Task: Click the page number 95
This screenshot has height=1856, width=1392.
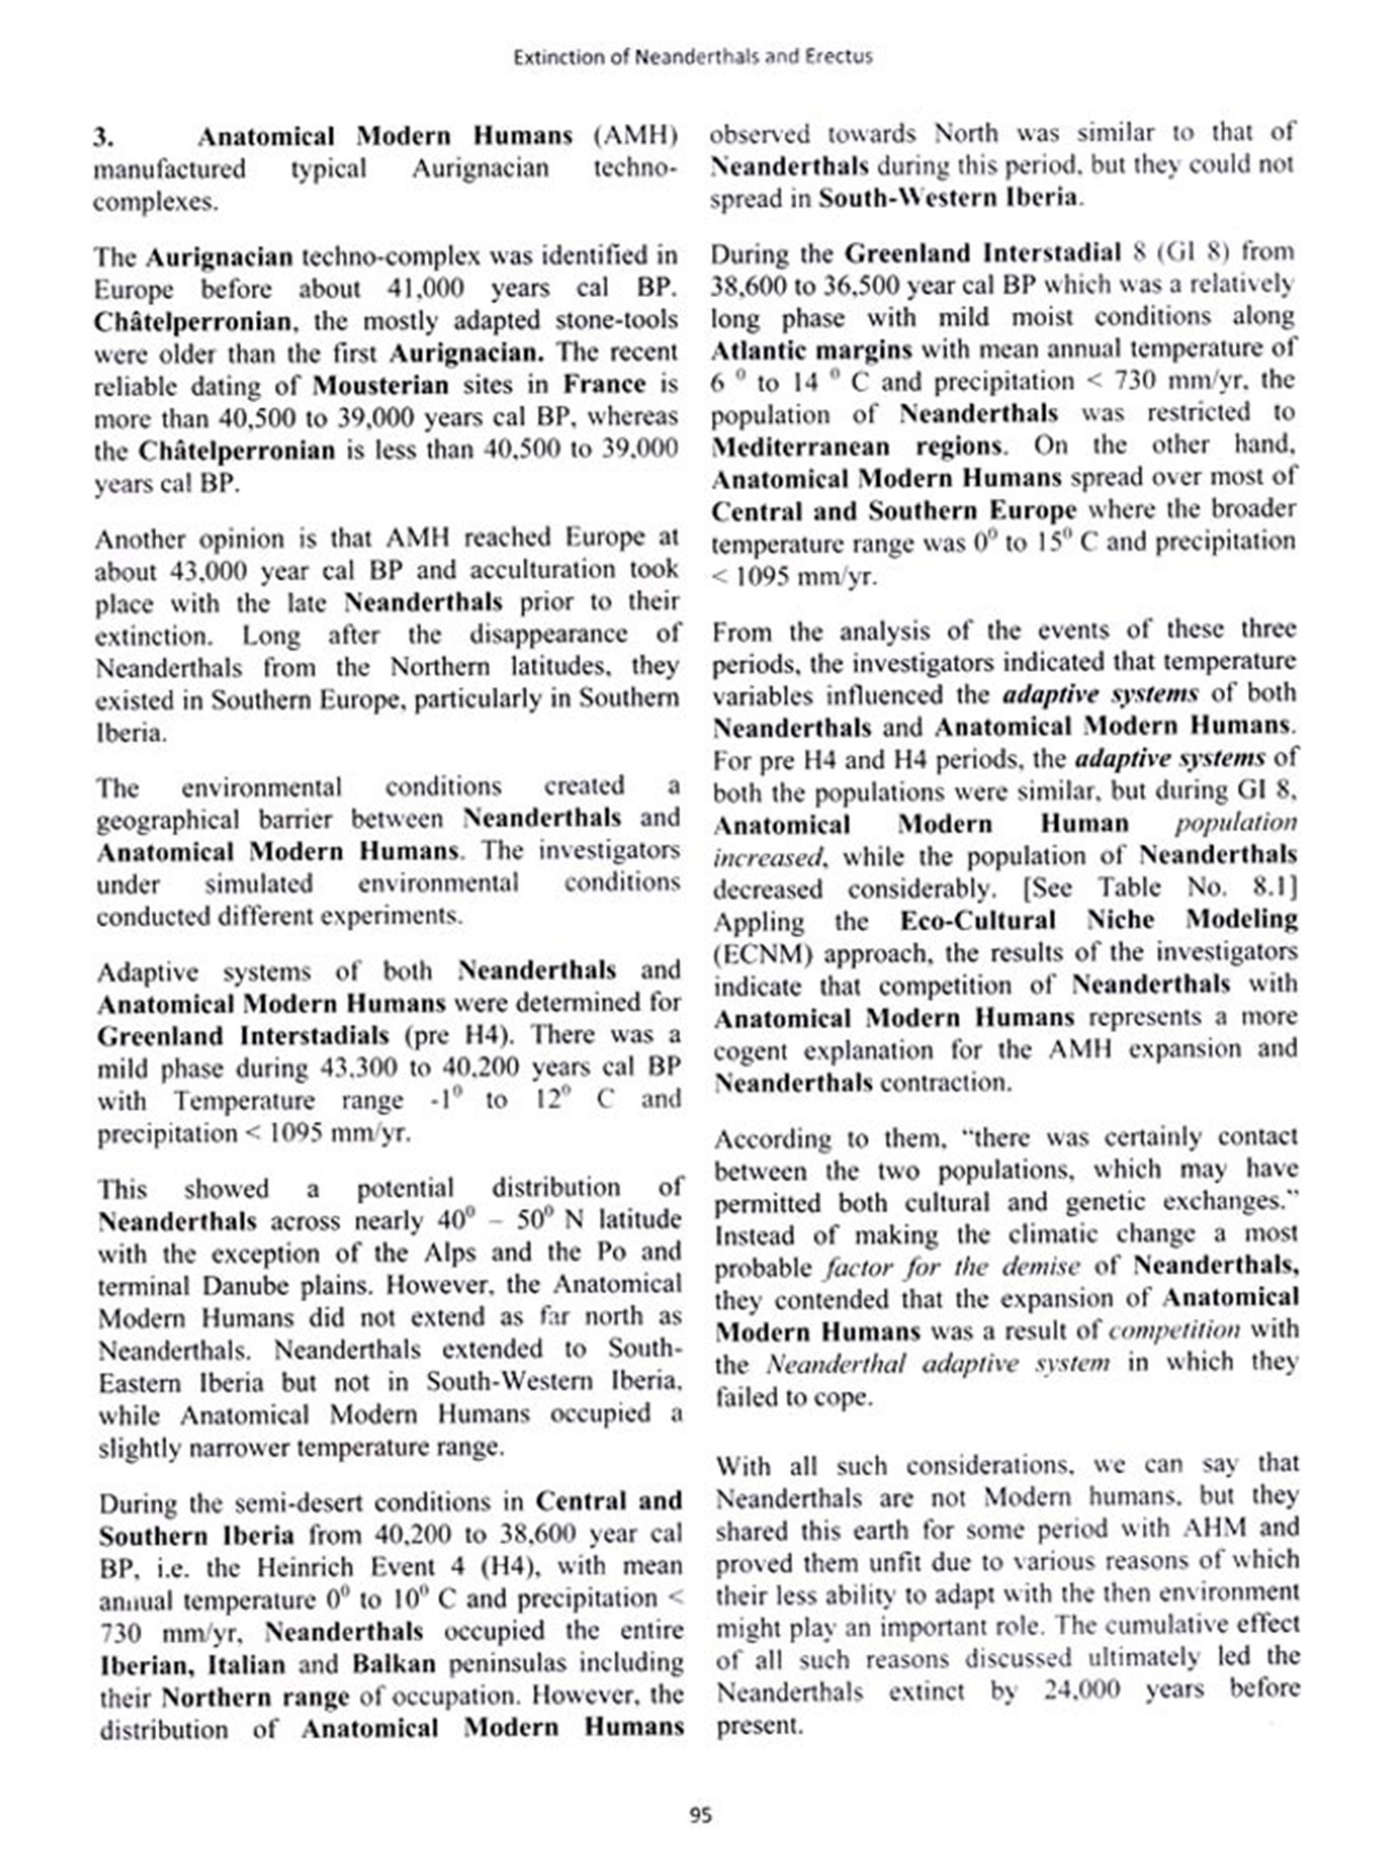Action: point(701,1815)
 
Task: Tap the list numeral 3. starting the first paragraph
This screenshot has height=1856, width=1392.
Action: point(103,137)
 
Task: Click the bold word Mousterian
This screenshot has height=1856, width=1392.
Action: point(380,384)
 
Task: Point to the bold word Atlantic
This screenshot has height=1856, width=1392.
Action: point(756,350)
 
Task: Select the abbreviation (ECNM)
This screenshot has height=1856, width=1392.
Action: point(763,954)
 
